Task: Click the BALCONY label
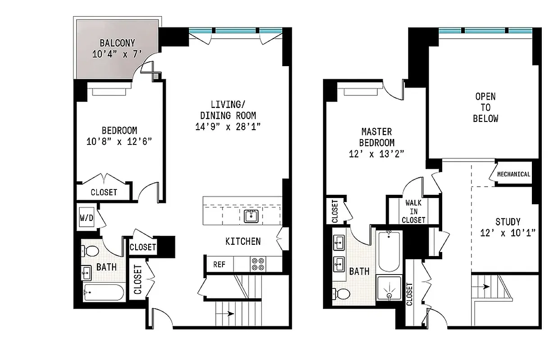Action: pyautogui.click(x=117, y=44)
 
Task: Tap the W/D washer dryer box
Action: pyautogui.click(x=86, y=218)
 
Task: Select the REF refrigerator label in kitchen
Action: pyautogui.click(x=219, y=264)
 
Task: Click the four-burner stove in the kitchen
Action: pyautogui.click(x=258, y=264)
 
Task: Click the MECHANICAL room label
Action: pyautogui.click(x=513, y=174)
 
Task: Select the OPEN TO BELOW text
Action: pyautogui.click(x=485, y=108)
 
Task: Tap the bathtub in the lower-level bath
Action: pyautogui.click(x=103, y=294)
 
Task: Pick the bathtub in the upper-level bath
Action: pyautogui.click(x=389, y=251)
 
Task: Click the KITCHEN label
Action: pyautogui.click(x=243, y=242)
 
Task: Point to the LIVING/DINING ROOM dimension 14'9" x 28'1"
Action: pyautogui.click(x=228, y=127)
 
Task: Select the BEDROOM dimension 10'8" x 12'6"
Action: pyautogui.click(x=119, y=142)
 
